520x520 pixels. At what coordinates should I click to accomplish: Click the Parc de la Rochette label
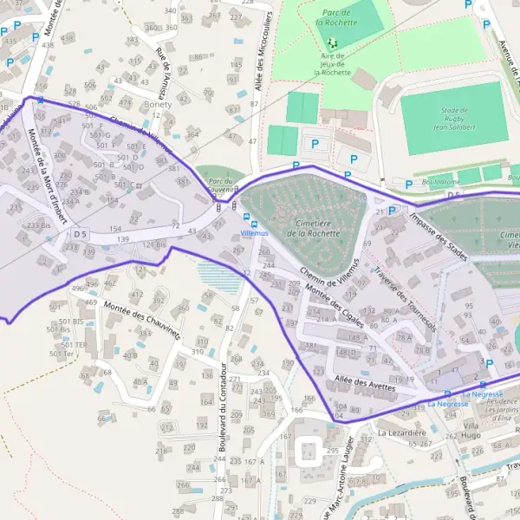click(334, 19)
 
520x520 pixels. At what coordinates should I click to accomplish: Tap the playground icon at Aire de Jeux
click(332, 42)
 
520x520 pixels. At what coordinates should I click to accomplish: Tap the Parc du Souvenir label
click(222, 185)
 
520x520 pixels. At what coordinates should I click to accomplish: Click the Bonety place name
click(159, 104)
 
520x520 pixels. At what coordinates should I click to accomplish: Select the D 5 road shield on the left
click(81, 234)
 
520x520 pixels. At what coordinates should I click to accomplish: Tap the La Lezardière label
click(399, 430)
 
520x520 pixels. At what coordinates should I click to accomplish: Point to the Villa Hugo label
click(471, 432)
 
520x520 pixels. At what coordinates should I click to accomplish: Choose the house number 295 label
click(332, 452)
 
